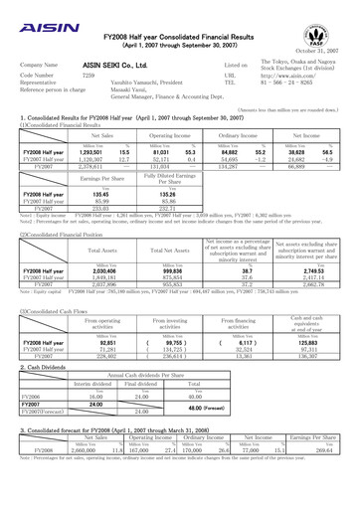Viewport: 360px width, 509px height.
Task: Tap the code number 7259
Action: pos(88,75)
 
